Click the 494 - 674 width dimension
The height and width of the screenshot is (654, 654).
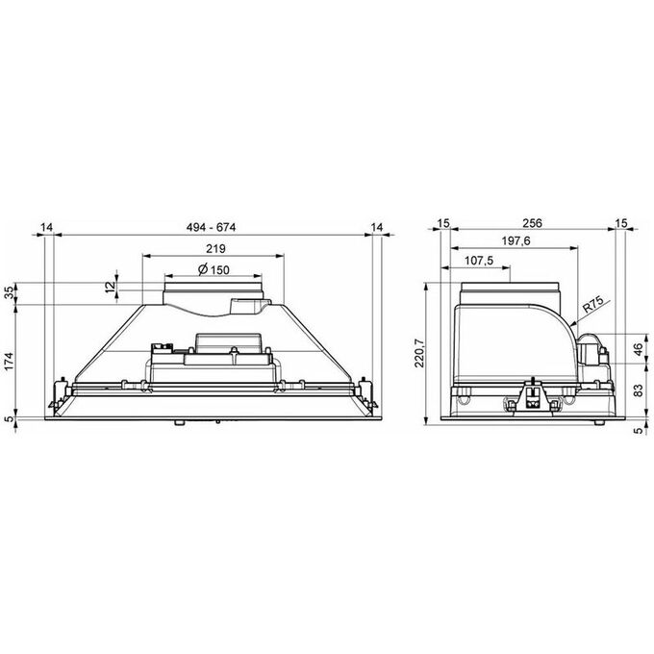click(x=211, y=227)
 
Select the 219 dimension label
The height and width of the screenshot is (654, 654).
click(x=215, y=248)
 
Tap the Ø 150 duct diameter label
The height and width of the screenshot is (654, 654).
click(x=214, y=270)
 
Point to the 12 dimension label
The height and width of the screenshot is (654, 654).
click(x=110, y=287)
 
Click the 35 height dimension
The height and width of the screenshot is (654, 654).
click(x=10, y=293)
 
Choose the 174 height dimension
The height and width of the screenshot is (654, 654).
click(x=10, y=361)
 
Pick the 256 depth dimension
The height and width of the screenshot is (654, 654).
click(x=533, y=223)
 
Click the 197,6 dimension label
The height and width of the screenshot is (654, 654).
click(x=516, y=240)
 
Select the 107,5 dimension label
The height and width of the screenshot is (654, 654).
click(x=479, y=261)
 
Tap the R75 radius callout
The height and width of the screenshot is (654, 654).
click(x=592, y=305)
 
